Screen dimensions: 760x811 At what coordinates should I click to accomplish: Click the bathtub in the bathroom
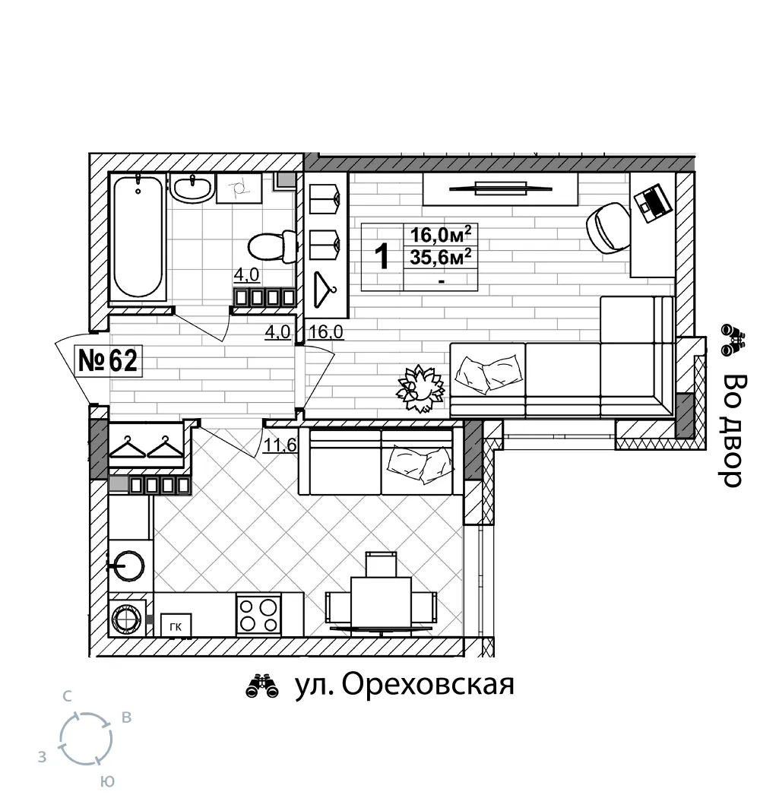click(138, 237)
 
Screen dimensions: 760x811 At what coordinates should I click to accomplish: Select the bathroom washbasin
click(192, 188)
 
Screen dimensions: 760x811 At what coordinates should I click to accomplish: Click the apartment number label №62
click(108, 360)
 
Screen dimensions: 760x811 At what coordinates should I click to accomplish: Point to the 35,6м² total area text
click(441, 257)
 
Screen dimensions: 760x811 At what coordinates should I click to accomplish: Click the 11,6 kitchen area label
click(280, 445)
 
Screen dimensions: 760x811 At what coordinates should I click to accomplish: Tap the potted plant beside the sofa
click(420, 388)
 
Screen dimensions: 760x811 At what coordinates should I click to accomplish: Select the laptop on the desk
click(654, 204)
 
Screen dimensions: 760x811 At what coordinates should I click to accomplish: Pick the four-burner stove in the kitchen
click(258, 615)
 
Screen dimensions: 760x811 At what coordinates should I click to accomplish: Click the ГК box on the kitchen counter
click(176, 626)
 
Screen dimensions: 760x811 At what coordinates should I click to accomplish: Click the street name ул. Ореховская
click(404, 686)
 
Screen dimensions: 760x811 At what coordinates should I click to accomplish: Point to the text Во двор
click(733, 430)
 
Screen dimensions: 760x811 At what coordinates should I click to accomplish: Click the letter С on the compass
click(67, 697)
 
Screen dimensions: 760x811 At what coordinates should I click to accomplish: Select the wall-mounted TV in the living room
click(500, 188)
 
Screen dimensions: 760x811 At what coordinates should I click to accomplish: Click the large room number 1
click(382, 257)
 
